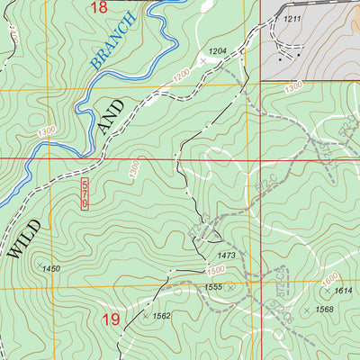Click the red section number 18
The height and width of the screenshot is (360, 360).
tap(100, 7)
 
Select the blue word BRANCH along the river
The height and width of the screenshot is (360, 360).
tap(113, 44)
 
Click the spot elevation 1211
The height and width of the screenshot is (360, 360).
tap(291, 18)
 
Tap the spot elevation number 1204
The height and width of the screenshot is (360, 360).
tap(217, 51)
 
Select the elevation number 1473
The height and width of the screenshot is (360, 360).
tap(226, 256)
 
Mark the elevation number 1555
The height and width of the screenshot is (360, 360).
tap(212, 286)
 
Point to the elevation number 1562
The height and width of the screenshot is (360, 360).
tap(162, 316)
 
